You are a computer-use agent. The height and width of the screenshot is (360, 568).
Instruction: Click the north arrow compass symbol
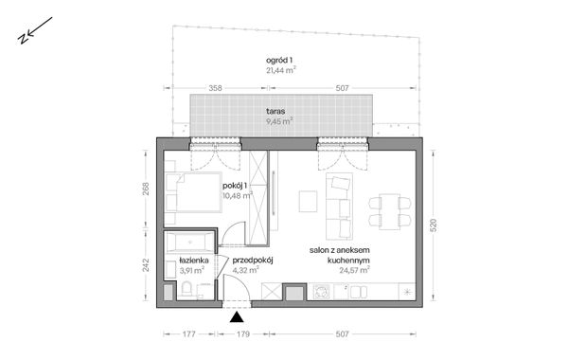27,35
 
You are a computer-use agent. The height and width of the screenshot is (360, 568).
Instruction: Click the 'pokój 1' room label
235,185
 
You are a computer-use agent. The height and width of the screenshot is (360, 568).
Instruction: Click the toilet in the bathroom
189,291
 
